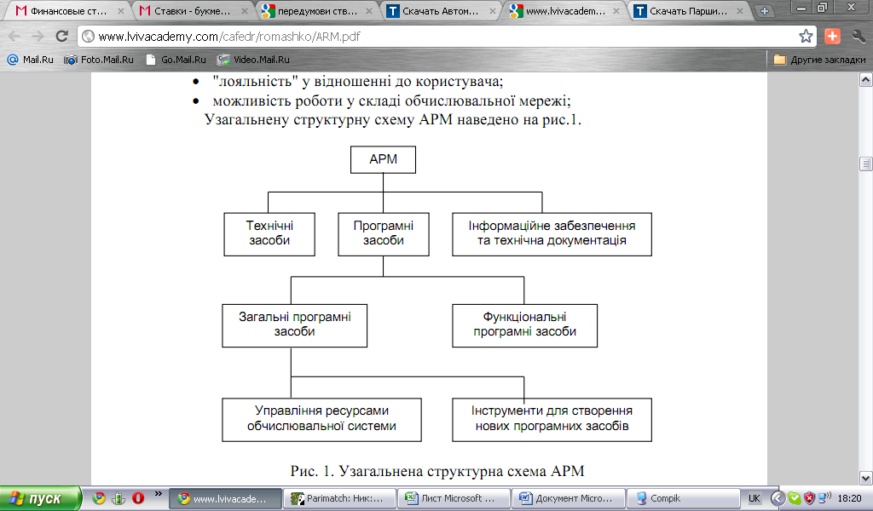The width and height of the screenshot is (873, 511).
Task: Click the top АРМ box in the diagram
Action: [383, 159]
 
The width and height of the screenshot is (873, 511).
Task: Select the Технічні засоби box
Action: [269, 233]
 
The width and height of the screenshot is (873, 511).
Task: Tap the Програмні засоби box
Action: [383, 233]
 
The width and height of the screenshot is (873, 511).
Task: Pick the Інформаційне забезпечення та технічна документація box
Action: [552, 233]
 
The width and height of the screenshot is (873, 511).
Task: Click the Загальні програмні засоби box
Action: [295, 324]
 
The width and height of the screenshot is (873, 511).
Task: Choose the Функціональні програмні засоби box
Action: [524, 324]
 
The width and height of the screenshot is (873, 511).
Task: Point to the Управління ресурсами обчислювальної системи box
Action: [321, 418]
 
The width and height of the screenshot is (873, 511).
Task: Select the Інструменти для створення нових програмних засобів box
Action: [552, 418]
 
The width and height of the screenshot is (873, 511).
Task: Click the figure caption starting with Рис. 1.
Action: [436, 471]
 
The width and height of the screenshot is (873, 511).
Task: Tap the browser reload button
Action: [61, 37]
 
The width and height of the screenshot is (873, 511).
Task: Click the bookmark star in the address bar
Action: [806, 37]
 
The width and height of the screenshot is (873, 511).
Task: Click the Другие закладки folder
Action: [817, 60]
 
